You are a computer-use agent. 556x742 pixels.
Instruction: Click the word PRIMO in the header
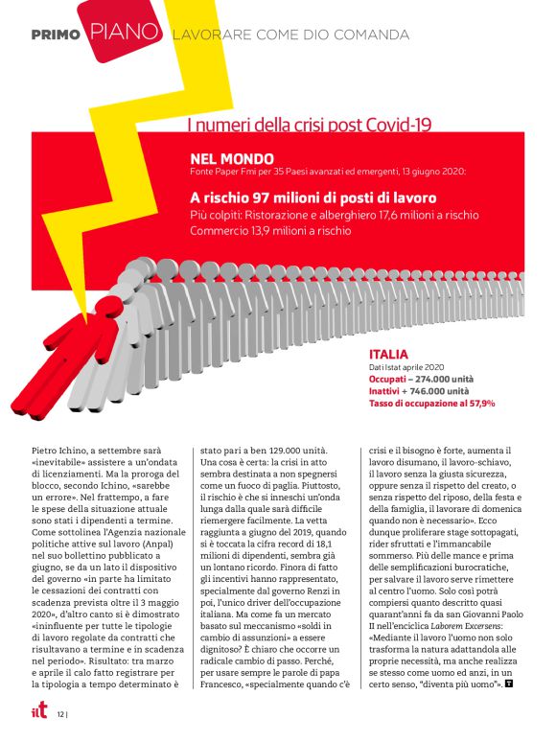click(x=56, y=35)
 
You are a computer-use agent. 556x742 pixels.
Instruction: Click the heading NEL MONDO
click(x=232, y=158)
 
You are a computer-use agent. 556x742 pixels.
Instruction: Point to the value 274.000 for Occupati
click(x=436, y=380)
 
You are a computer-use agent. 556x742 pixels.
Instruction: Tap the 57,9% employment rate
click(x=477, y=404)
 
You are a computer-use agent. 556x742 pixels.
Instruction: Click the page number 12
click(x=60, y=714)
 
